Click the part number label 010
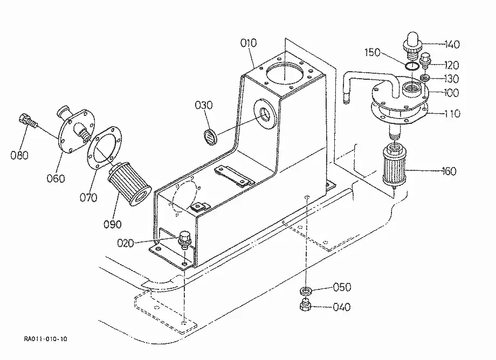coord(249,43)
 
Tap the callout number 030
coord(203,105)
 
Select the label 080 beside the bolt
coord(19,155)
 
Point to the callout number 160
coord(450,171)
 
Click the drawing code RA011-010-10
coord(45,339)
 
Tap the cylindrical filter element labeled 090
coord(128,182)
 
